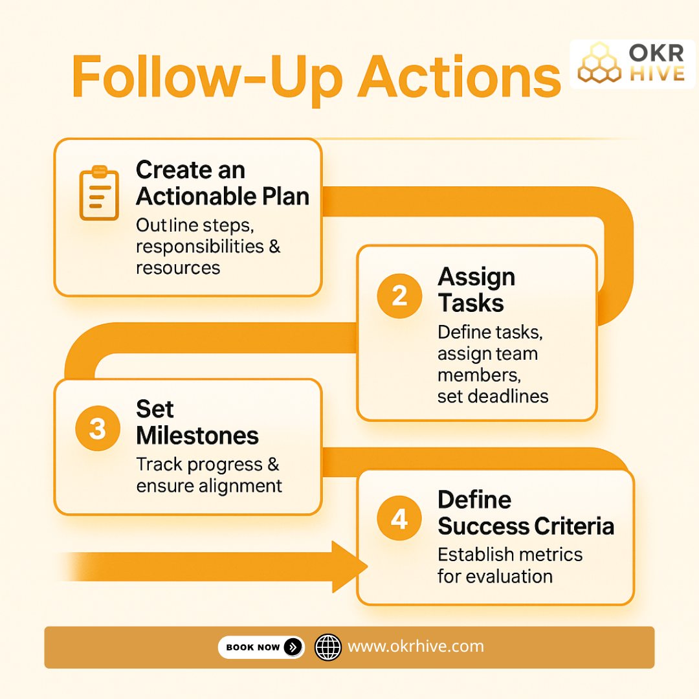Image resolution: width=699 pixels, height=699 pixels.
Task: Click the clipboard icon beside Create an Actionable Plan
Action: [x=98, y=193]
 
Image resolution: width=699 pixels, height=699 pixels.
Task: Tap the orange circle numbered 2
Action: [x=399, y=296]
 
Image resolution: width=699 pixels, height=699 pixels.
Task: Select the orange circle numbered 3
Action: [x=98, y=428]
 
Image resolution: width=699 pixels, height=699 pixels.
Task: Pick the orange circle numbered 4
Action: [x=399, y=519]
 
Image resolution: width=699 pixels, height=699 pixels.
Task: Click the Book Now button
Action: [x=261, y=647]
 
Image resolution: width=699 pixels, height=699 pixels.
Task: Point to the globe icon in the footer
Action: [x=327, y=647]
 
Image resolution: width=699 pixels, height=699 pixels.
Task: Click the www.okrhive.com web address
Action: [x=416, y=646]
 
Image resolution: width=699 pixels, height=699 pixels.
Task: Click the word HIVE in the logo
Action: [x=657, y=73]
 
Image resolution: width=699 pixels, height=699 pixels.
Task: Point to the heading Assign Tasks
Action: [x=476, y=289]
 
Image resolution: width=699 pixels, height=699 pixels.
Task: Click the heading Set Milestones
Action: [x=197, y=422]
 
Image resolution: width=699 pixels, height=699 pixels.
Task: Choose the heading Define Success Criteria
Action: [x=525, y=513]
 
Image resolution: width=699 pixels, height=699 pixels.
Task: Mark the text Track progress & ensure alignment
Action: [x=209, y=475]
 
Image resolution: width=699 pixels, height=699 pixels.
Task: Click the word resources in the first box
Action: [x=178, y=267]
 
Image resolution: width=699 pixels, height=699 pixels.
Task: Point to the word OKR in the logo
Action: [x=656, y=53]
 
